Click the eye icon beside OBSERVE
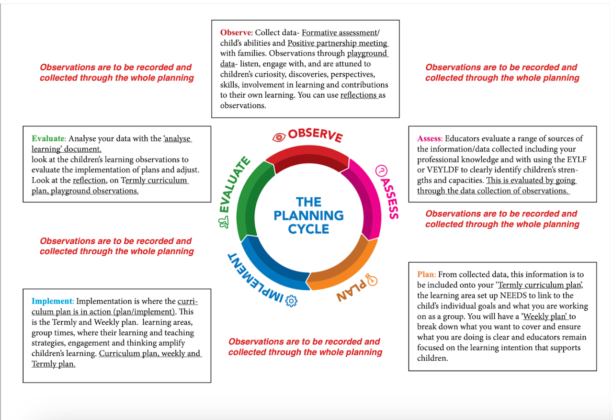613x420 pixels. [278, 137]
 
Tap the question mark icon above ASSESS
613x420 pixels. [382, 170]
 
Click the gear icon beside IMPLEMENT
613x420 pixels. [291, 300]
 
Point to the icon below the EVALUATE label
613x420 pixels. [222, 222]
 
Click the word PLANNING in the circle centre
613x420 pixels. [308, 216]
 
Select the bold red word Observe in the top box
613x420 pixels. [235, 33]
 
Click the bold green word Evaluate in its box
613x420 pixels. [47, 138]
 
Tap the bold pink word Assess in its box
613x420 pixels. [429, 138]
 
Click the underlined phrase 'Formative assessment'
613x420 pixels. [339, 33]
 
